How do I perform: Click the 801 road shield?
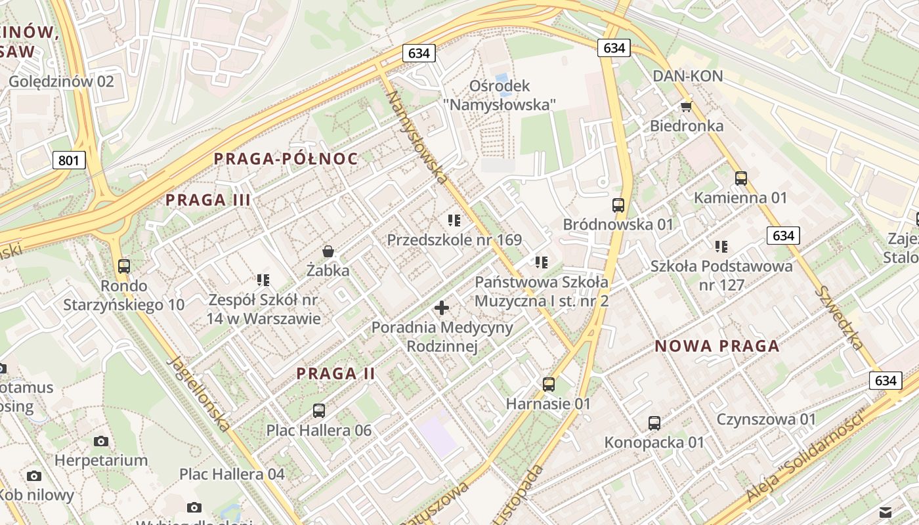69,159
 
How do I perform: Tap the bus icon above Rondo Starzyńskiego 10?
124,266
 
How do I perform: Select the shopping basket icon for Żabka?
328,251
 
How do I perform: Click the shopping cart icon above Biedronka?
686,106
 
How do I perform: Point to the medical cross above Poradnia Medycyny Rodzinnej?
442,307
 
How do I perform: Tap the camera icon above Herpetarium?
100,440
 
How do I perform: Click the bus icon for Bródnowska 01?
618,205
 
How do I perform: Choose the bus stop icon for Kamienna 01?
741,178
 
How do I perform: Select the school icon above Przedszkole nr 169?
454,220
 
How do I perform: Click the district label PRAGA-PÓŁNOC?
286,159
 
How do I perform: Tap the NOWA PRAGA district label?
717,346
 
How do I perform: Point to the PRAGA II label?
335,373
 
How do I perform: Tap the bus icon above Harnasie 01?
548,384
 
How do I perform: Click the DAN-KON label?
687,76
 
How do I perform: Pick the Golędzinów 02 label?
61,81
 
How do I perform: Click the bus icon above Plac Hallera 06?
319,411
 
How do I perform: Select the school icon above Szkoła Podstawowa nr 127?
721,247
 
